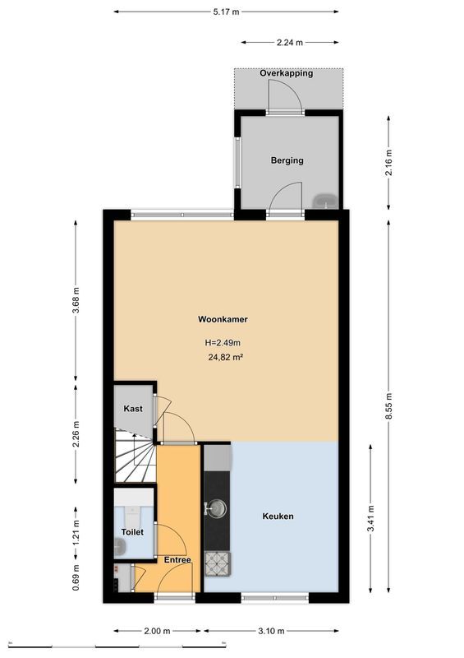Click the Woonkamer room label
point(223,319)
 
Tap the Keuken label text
point(278,517)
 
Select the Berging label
point(287,160)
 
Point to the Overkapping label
point(287,73)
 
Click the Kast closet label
point(133,409)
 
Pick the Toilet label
point(132,532)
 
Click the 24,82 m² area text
point(225,357)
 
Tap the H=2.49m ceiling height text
point(223,343)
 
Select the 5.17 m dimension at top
point(226,12)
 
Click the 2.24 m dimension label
point(289,42)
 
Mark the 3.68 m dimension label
point(76,302)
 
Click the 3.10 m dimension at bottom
point(270,631)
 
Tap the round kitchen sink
point(218,508)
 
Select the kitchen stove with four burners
point(218,562)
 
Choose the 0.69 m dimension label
point(76,582)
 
